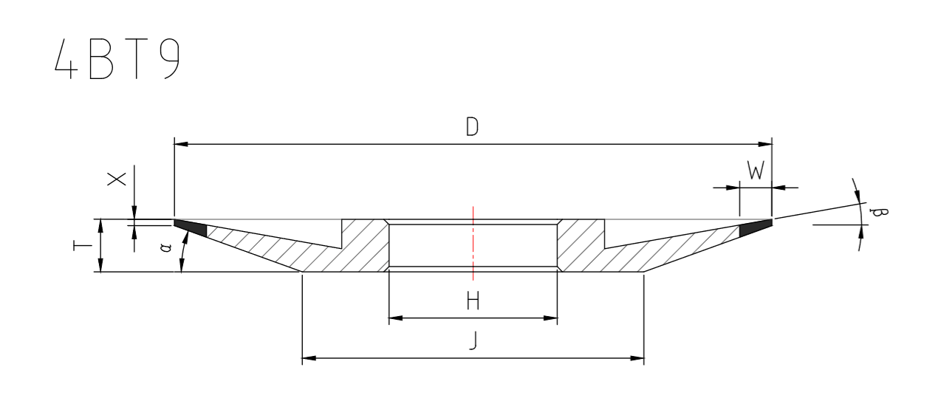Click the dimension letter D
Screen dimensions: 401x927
(x=472, y=127)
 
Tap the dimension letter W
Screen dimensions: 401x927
(x=755, y=172)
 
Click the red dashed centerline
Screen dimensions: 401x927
(x=473, y=244)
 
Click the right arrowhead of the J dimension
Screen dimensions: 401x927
(x=638, y=359)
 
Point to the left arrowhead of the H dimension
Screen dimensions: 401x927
(x=394, y=318)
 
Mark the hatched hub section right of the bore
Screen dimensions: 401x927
(x=580, y=247)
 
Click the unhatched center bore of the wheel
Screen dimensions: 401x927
(x=443, y=245)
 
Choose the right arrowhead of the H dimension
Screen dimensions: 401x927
(x=551, y=318)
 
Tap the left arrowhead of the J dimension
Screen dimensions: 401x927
(x=309, y=359)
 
